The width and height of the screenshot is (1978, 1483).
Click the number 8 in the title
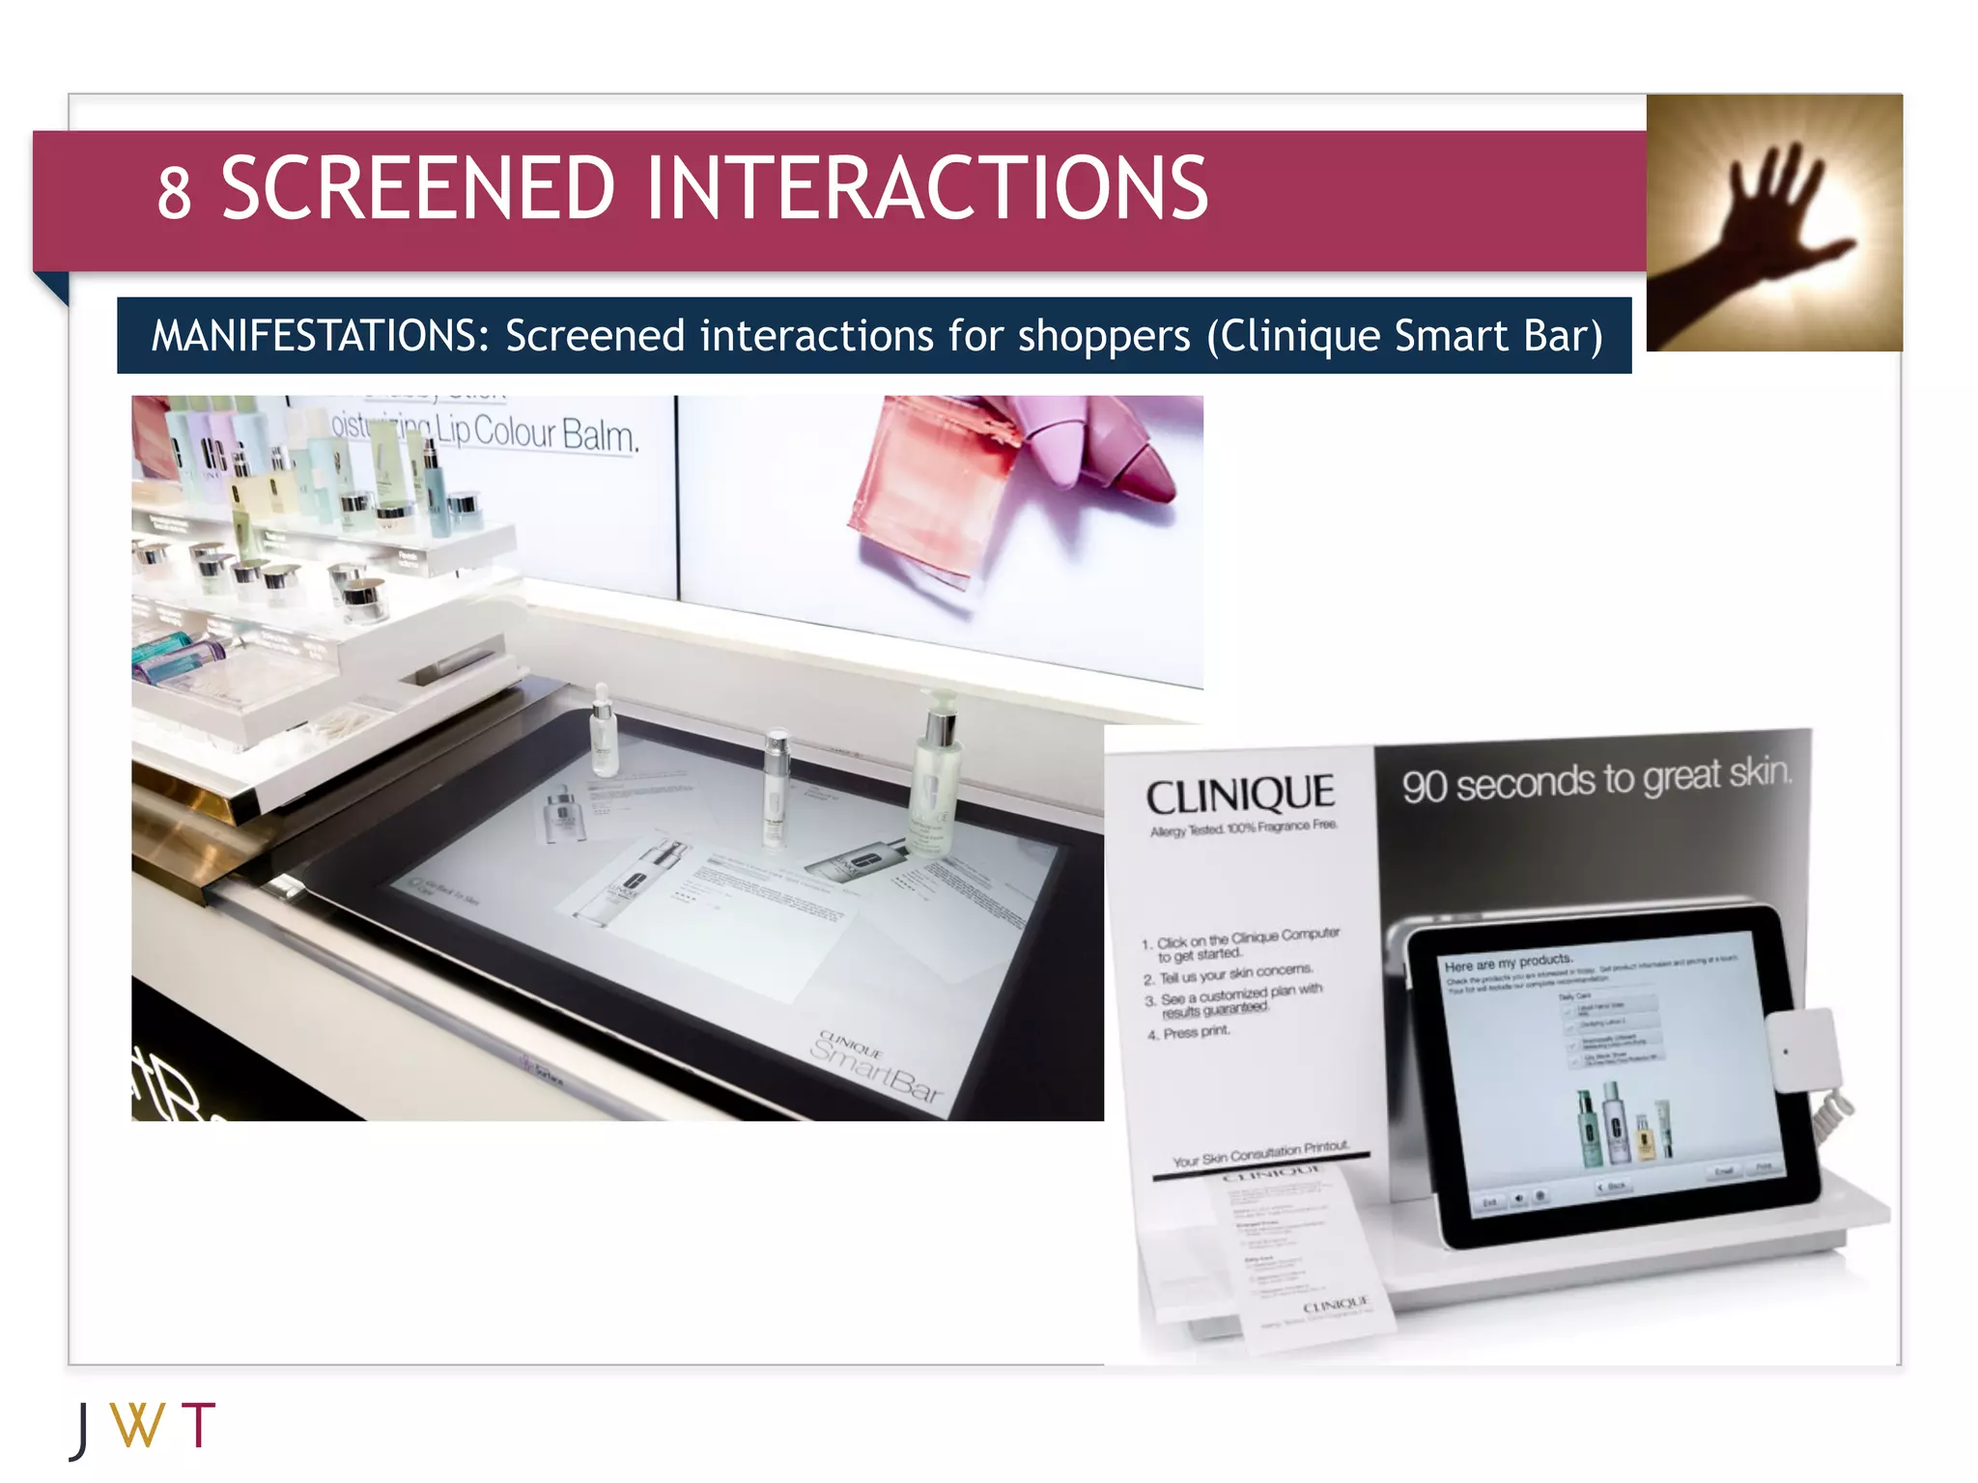click(x=175, y=192)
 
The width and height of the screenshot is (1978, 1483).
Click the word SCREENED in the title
click(x=417, y=188)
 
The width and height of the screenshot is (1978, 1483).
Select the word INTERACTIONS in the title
click(x=926, y=188)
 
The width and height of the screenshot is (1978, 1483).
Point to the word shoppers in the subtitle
click(x=1104, y=337)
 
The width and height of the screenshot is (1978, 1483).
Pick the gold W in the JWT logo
click(x=137, y=1425)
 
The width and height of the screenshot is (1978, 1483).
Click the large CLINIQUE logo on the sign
click(x=1240, y=796)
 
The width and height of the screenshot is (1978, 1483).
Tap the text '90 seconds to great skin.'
click(x=1597, y=779)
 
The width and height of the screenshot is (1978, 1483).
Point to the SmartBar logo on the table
click(x=874, y=1066)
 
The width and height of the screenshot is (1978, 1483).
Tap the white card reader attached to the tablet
click(x=1801, y=1050)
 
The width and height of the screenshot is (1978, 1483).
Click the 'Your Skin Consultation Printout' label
click(x=1259, y=1153)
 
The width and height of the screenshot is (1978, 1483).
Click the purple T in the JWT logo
click(x=198, y=1425)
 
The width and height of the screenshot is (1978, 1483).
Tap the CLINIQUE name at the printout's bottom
click(x=1335, y=1306)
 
